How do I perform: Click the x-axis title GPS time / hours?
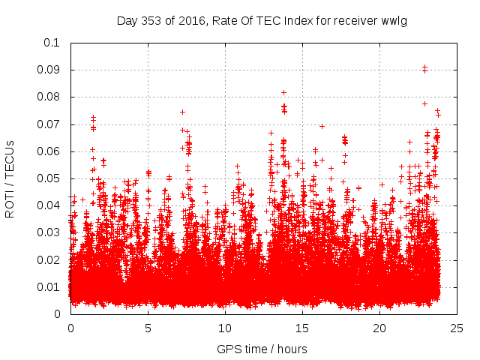click(x=262, y=349)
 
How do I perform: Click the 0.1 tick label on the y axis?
click(x=52, y=43)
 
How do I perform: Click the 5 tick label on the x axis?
click(x=148, y=328)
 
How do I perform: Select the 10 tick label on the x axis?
click(x=225, y=328)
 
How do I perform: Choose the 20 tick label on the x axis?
click(x=379, y=328)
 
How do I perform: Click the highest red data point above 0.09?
click(x=424, y=67)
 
